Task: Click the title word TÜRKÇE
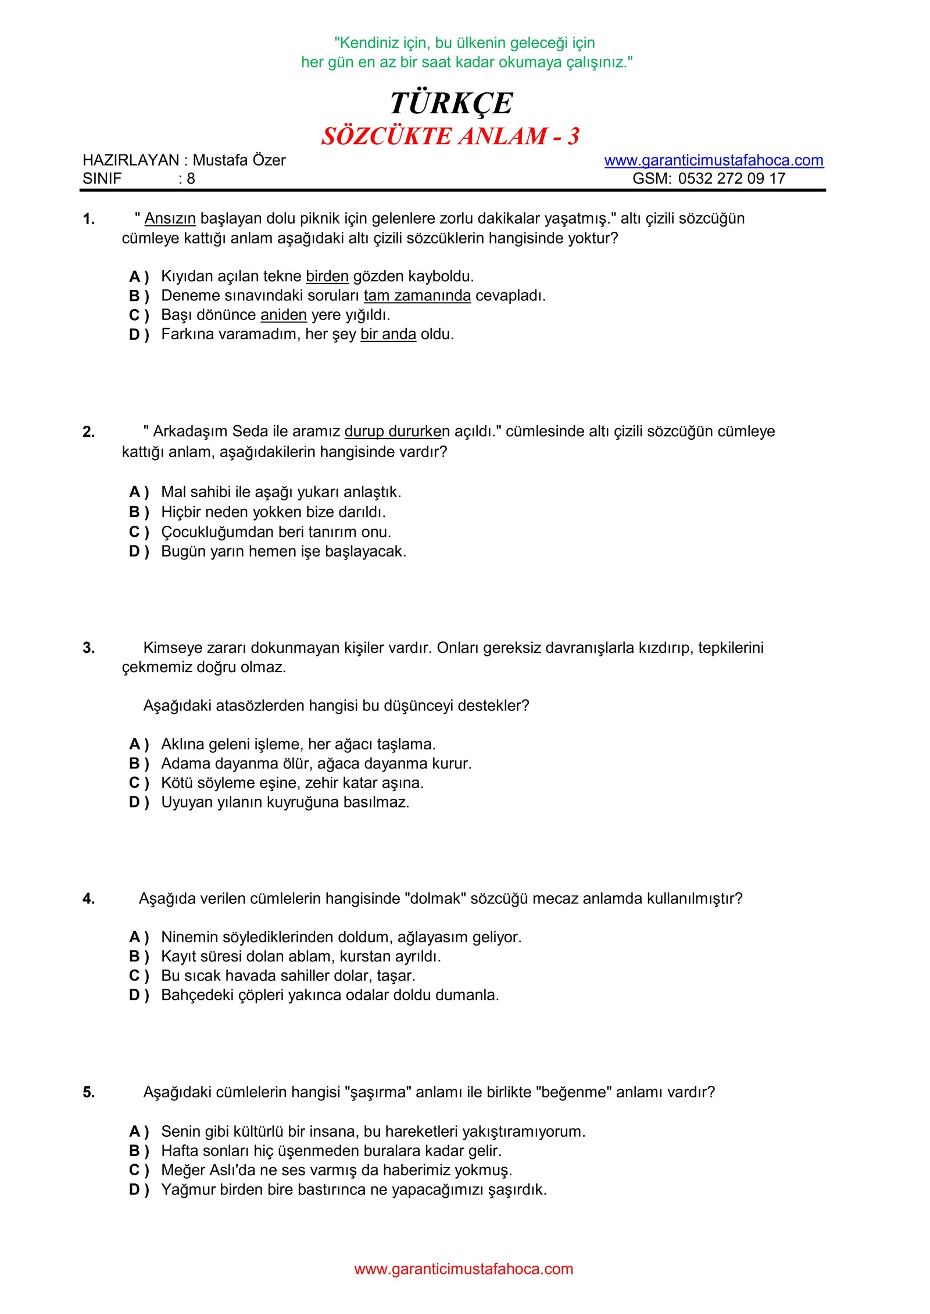451,104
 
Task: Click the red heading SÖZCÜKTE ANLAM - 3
450,137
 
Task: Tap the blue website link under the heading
713,160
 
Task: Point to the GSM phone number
731,178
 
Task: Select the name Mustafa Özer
239,160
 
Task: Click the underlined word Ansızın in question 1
170,218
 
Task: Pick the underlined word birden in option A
327,276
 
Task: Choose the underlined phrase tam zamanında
417,296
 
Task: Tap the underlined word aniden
283,315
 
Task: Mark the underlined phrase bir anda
388,334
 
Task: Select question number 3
88,648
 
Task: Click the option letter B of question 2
135,512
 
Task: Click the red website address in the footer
463,1269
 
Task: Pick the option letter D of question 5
135,1190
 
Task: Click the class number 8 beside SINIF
191,179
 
